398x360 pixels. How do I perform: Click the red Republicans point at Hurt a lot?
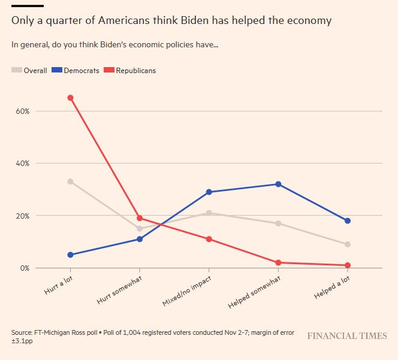70,98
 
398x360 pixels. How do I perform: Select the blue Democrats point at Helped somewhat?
278,184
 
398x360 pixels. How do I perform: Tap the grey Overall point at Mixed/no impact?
209,213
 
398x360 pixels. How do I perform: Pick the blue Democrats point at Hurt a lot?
70,255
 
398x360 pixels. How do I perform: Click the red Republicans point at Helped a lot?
348,265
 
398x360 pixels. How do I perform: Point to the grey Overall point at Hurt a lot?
70,181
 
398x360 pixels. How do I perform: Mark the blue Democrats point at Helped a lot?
348,221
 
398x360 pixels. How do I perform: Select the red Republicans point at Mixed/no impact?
209,239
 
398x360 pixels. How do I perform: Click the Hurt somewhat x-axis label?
120,289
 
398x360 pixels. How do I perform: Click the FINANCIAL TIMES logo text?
347,336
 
